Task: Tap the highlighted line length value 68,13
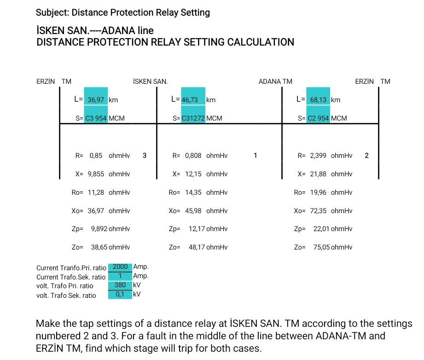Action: tap(318, 100)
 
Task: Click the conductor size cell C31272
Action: tap(193, 118)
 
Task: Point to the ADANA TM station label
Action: tap(275, 81)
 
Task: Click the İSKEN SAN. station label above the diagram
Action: tap(150, 81)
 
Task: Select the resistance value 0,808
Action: tap(193, 156)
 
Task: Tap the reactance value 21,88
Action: tap(318, 174)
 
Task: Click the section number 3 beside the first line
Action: tap(144, 156)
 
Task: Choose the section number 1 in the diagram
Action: tap(255, 156)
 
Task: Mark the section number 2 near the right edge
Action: tap(366, 156)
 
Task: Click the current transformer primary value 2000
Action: tap(120, 267)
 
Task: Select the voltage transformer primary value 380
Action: tap(120, 285)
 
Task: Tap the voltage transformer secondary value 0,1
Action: tap(120, 294)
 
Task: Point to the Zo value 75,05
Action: tap(322, 247)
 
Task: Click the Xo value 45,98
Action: tap(193, 211)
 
